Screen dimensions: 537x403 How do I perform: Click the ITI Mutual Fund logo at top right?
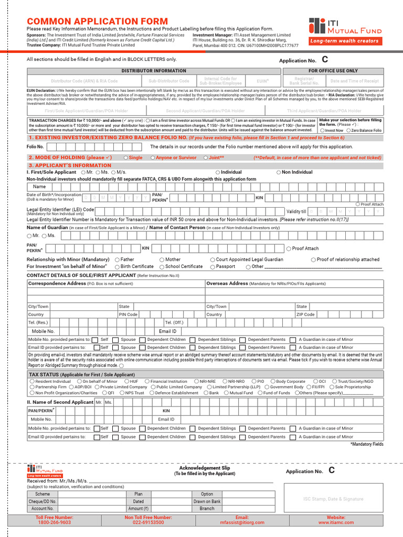pyautogui.click(x=345, y=26)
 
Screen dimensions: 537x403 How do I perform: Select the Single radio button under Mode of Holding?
pyautogui.click(x=125, y=157)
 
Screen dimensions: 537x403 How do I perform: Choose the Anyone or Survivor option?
pyautogui.click(x=153, y=157)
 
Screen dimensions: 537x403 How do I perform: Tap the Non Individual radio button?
pyautogui.click(x=278, y=172)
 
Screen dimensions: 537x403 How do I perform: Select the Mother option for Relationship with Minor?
pyautogui.click(x=162, y=260)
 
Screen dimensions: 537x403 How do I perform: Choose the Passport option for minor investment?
pyautogui.click(x=213, y=266)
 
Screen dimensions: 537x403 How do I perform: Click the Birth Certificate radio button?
pyautogui.click(x=117, y=266)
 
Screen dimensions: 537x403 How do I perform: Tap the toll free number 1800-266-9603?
pyautogui.click(x=54, y=522)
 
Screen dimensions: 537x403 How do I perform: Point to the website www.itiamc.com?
pyautogui.click(x=336, y=522)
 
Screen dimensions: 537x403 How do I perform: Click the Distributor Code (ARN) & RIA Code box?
pyautogui.click(x=84, y=81)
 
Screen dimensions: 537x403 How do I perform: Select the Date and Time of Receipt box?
pyautogui.click(x=354, y=81)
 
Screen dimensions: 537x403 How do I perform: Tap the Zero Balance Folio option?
pyautogui.click(x=349, y=130)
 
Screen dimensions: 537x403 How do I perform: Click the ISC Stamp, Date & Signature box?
pyautogui.click(x=333, y=499)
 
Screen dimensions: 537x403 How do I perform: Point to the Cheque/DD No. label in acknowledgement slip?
pyautogui.click(x=43, y=501)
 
